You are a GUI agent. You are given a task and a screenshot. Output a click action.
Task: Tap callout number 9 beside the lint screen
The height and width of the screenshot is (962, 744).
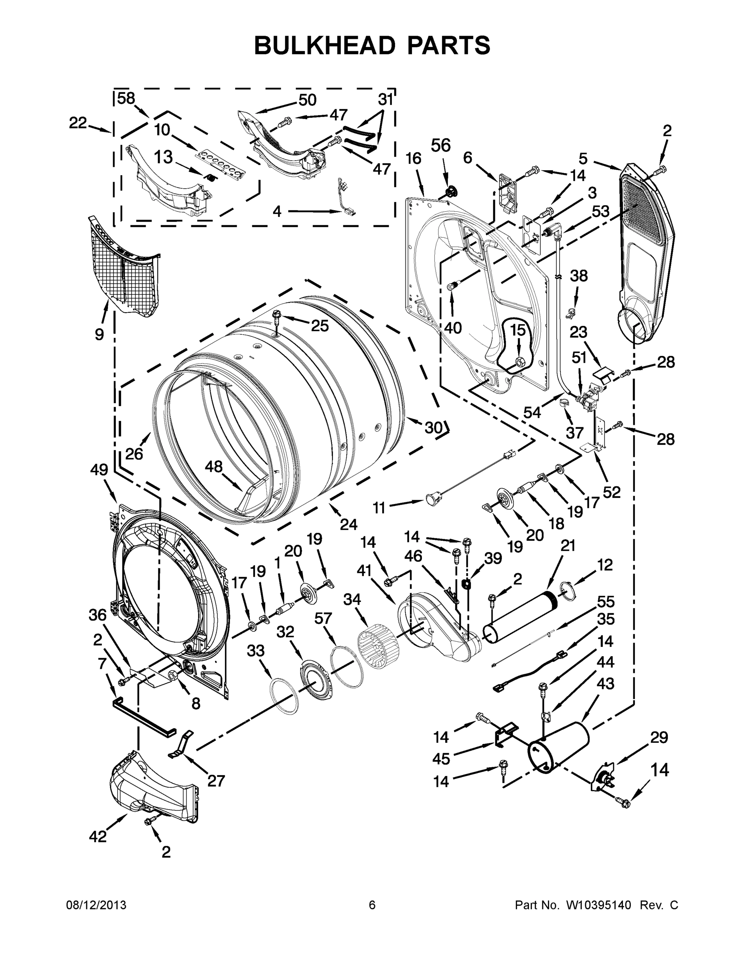click(99, 334)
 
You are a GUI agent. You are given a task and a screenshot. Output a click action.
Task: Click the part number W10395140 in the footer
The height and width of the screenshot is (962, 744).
click(598, 905)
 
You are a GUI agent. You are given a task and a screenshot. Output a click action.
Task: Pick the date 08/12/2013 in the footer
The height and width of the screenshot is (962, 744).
click(96, 905)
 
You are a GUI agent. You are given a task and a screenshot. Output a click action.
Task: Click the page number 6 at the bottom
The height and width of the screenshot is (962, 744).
click(372, 905)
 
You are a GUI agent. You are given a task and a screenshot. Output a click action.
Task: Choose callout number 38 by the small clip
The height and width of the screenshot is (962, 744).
click(579, 276)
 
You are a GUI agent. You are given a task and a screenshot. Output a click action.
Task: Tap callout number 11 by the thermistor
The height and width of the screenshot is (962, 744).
click(379, 508)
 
